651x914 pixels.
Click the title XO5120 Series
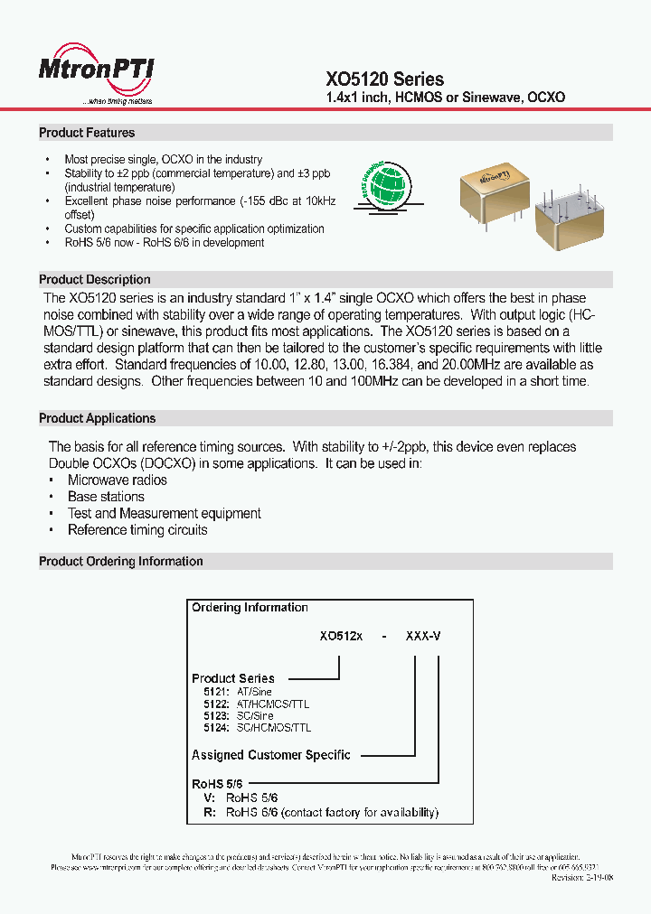click(x=384, y=79)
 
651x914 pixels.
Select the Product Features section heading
click(x=87, y=133)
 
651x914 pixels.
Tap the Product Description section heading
click(x=95, y=279)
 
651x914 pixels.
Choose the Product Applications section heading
click(x=98, y=418)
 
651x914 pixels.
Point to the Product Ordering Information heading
click(x=121, y=561)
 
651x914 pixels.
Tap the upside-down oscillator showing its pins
click(x=567, y=219)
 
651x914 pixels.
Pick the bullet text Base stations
click(x=106, y=497)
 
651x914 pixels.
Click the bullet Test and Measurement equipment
click(x=165, y=513)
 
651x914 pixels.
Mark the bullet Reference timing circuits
click(x=137, y=530)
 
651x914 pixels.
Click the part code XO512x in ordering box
click(x=341, y=636)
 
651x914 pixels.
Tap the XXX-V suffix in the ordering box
click(x=423, y=636)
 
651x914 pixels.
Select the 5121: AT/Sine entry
click(x=238, y=692)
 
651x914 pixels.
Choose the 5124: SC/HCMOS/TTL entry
click(x=258, y=727)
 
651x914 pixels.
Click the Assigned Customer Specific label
click(x=270, y=755)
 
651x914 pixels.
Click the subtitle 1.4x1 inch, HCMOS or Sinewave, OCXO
click(x=445, y=97)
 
